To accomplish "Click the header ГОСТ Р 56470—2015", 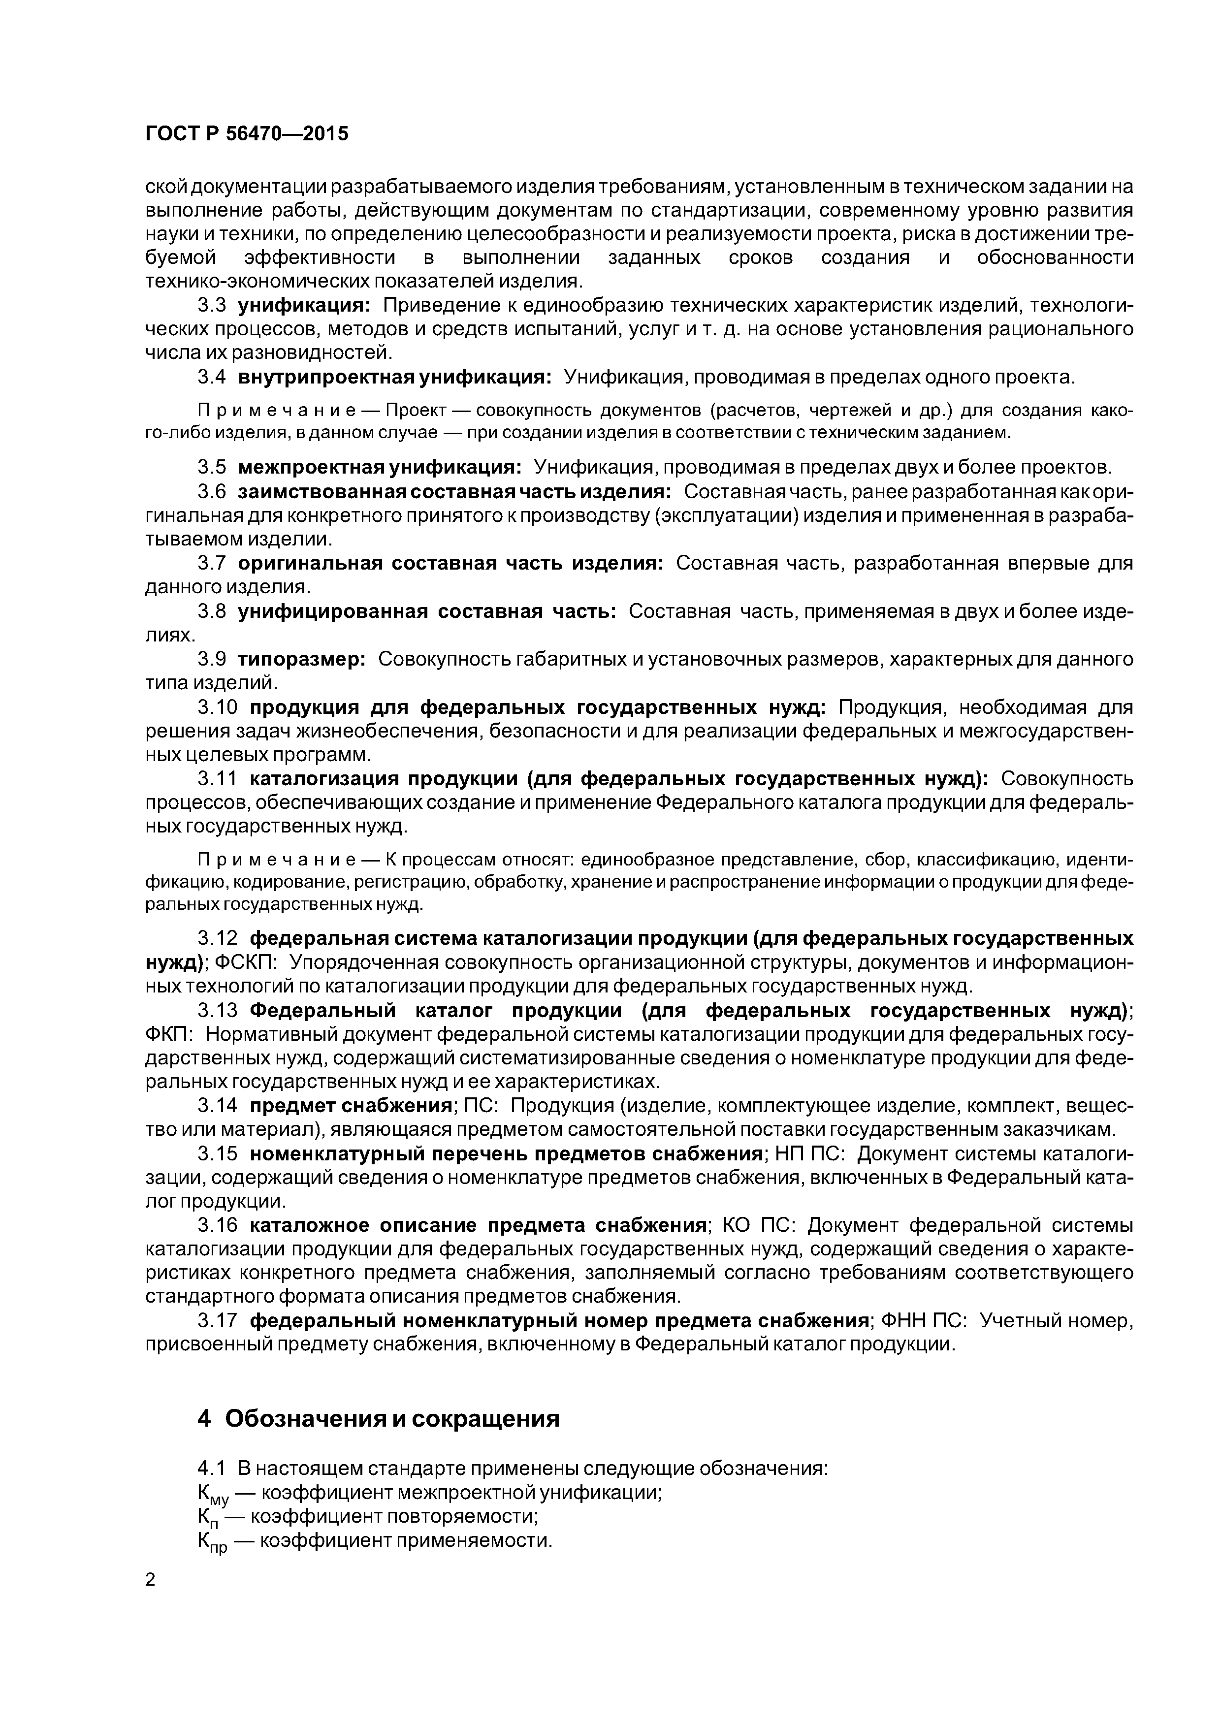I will tap(246, 134).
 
